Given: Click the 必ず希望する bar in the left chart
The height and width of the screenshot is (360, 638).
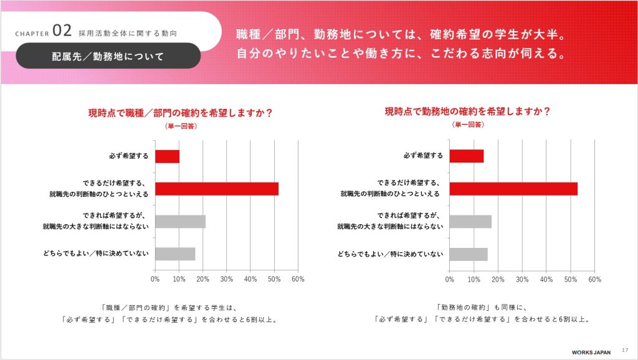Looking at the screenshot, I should (x=167, y=156).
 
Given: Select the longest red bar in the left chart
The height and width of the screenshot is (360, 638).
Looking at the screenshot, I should (x=217, y=189).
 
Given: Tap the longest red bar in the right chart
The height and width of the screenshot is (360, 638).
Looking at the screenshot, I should (x=513, y=189).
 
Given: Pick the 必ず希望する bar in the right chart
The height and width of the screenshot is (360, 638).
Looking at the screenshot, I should (x=466, y=156).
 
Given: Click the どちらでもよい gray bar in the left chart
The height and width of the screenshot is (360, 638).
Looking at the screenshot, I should (x=175, y=253).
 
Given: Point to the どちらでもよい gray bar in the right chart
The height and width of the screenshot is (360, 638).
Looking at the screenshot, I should (x=469, y=253).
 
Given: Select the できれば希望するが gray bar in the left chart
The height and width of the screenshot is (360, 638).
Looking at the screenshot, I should (x=180, y=221).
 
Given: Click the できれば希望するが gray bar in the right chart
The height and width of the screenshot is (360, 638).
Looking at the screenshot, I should (x=470, y=221).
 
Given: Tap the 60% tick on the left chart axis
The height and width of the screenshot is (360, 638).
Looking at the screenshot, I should (x=297, y=279).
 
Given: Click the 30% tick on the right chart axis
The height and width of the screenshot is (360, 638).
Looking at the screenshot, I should (x=522, y=279).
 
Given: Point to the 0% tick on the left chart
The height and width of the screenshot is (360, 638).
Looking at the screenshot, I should (x=156, y=279).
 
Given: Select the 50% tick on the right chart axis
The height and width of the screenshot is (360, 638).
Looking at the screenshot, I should (x=570, y=279).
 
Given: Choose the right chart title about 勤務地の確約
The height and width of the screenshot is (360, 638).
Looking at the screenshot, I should (x=467, y=112).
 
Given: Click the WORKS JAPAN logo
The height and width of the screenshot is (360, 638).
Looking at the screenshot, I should (x=584, y=351).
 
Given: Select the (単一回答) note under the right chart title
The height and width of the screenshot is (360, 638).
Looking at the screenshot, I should (x=467, y=125).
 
